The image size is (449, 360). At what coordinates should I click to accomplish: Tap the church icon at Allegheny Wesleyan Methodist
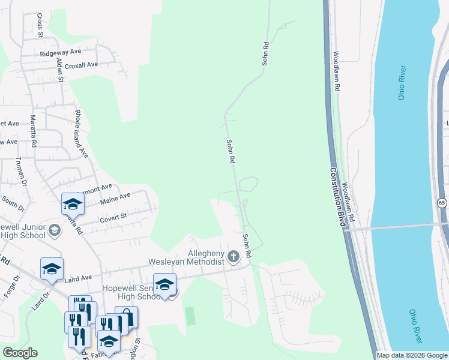(x=233, y=257)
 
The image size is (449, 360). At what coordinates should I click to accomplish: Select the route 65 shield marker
(x=442, y=203)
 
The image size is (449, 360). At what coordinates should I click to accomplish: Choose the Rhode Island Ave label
(x=81, y=134)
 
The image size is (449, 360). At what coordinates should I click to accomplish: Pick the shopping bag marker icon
(x=126, y=316)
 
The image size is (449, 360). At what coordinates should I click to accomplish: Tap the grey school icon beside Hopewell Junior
(x=54, y=230)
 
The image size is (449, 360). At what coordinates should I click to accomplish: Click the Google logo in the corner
(x=20, y=353)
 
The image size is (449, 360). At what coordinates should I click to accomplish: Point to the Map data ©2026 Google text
(x=412, y=355)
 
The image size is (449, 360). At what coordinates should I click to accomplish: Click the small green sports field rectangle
(x=190, y=316)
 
